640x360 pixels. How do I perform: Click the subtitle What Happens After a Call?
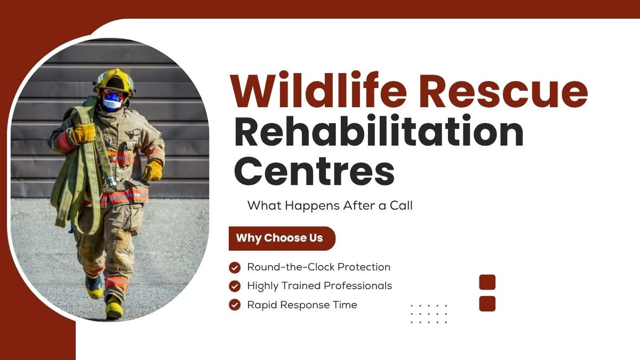[330, 205]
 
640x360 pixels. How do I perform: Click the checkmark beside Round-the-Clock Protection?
[235, 268]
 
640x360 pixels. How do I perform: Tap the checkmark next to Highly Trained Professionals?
[235, 286]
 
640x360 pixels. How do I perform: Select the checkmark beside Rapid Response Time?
[235, 305]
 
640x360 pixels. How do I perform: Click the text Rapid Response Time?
[302, 305]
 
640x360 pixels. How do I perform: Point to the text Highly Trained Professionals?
[319, 286]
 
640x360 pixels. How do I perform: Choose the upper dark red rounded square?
[487, 282]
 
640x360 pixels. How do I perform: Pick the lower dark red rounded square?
[487, 303]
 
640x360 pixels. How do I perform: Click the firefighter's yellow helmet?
[115, 82]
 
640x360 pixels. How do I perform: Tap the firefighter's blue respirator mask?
[113, 101]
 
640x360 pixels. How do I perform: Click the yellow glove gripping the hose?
[83, 133]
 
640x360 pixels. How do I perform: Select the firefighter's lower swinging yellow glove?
[153, 171]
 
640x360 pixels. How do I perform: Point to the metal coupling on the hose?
[110, 182]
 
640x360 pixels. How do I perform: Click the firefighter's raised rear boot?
[94, 286]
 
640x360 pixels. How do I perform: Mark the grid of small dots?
[429, 314]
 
